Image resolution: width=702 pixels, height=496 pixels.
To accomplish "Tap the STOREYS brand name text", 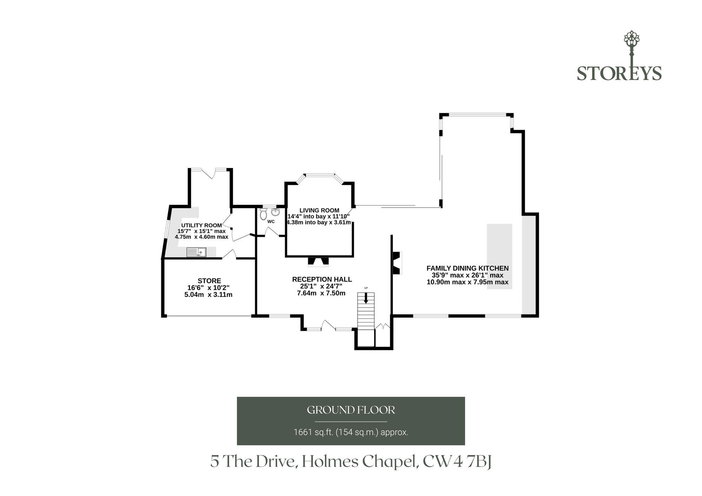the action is click(x=619, y=73).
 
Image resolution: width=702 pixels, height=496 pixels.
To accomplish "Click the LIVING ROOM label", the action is click(x=319, y=210).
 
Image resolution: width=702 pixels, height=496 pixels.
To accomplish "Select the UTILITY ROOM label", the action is click(x=201, y=226).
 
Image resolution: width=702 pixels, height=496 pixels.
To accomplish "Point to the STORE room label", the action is click(x=209, y=281).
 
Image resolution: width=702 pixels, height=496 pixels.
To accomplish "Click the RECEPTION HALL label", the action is click(x=322, y=280).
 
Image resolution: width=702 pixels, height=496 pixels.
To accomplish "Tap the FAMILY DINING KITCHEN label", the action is click(x=468, y=268).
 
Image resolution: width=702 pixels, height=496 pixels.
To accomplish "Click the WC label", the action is click(x=271, y=222).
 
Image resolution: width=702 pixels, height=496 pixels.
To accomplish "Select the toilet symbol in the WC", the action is click(x=263, y=214).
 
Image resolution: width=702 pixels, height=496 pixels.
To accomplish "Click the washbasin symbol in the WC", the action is click(x=275, y=212).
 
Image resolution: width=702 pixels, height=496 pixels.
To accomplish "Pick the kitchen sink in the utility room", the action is click(x=197, y=252).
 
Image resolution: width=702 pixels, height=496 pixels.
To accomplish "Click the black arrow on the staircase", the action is click(x=366, y=298).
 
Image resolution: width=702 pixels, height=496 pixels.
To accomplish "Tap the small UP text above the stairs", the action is click(x=366, y=288).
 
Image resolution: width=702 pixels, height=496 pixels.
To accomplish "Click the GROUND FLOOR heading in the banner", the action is click(x=351, y=410).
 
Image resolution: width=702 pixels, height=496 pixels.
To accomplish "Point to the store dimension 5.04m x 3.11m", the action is click(x=208, y=295).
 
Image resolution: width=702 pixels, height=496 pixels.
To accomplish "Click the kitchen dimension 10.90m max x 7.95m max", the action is click(x=468, y=282).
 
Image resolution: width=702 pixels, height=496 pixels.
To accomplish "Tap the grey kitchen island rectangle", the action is click(x=499, y=256).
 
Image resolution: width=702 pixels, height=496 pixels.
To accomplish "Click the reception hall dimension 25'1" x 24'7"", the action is click(x=321, y=286).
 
